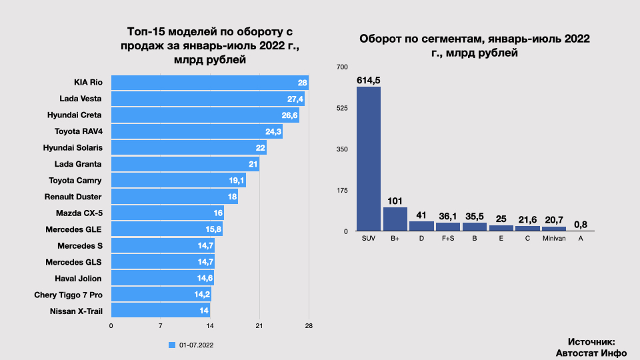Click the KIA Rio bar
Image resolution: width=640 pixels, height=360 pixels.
209,83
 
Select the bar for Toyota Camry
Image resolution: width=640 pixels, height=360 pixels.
178,180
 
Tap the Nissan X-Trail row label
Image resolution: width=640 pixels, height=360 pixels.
75,311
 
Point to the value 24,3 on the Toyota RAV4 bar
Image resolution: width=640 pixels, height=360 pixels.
273,131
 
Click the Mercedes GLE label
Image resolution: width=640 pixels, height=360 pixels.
73,229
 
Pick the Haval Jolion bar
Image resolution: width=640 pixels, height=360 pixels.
162,278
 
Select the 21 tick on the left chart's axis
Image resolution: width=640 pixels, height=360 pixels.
259,326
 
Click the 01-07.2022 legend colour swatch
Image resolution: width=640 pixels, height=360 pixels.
172,345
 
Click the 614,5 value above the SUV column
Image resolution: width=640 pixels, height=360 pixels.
369,80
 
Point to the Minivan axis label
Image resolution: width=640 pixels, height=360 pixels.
554,238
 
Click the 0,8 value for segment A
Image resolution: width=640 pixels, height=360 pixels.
581,225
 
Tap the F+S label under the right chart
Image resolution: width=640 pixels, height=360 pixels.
448,238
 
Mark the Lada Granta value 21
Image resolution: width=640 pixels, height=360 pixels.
253,164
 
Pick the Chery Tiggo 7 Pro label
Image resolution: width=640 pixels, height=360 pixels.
68,295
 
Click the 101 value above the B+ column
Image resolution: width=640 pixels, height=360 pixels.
395,200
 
